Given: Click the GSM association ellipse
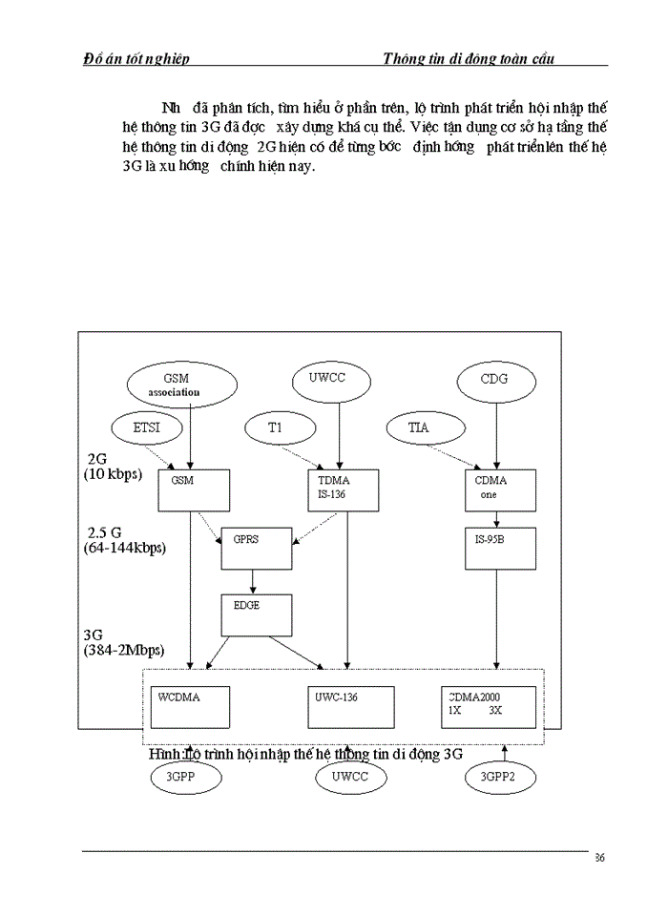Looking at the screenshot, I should click(181, 384).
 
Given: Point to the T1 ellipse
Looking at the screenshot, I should click(275, 428).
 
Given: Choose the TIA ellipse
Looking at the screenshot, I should click(418, 428).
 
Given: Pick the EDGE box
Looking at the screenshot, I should click(255, 615).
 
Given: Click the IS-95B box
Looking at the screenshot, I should click(500, 548).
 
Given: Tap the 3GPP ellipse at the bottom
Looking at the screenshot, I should click(186, 778).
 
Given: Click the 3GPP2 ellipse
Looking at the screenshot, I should click(500, 778).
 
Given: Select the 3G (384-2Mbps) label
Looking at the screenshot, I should click(124, 641).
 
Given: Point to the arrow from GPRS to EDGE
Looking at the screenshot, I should click(253, 582).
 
